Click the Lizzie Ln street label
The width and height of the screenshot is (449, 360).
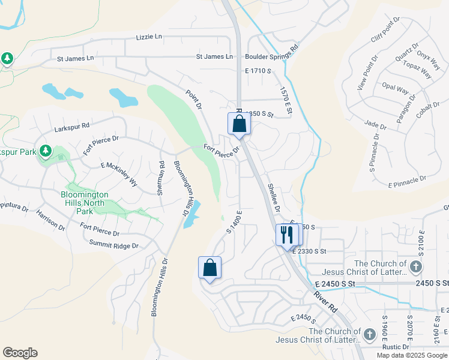click(149, 37)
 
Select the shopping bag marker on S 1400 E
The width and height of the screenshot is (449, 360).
click(209, 267)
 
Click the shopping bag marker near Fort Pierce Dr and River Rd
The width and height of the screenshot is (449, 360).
click(239, 123)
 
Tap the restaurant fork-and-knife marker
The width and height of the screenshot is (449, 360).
click(286, 234)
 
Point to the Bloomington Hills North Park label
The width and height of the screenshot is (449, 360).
click(85, 203)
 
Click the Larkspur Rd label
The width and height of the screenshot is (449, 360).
click(71, 127)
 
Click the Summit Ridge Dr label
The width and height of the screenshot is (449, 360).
click(113, 245)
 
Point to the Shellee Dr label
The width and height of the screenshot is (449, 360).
click(274, 198)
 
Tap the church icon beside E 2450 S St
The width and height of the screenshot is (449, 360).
click(417, 266)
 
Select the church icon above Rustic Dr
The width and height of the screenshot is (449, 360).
click(370, 334)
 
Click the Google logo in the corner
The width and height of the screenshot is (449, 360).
click(20, 353)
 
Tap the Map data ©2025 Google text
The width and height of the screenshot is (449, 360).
click(412, 355)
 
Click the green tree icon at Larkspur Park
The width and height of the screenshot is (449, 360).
click(45, 151)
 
